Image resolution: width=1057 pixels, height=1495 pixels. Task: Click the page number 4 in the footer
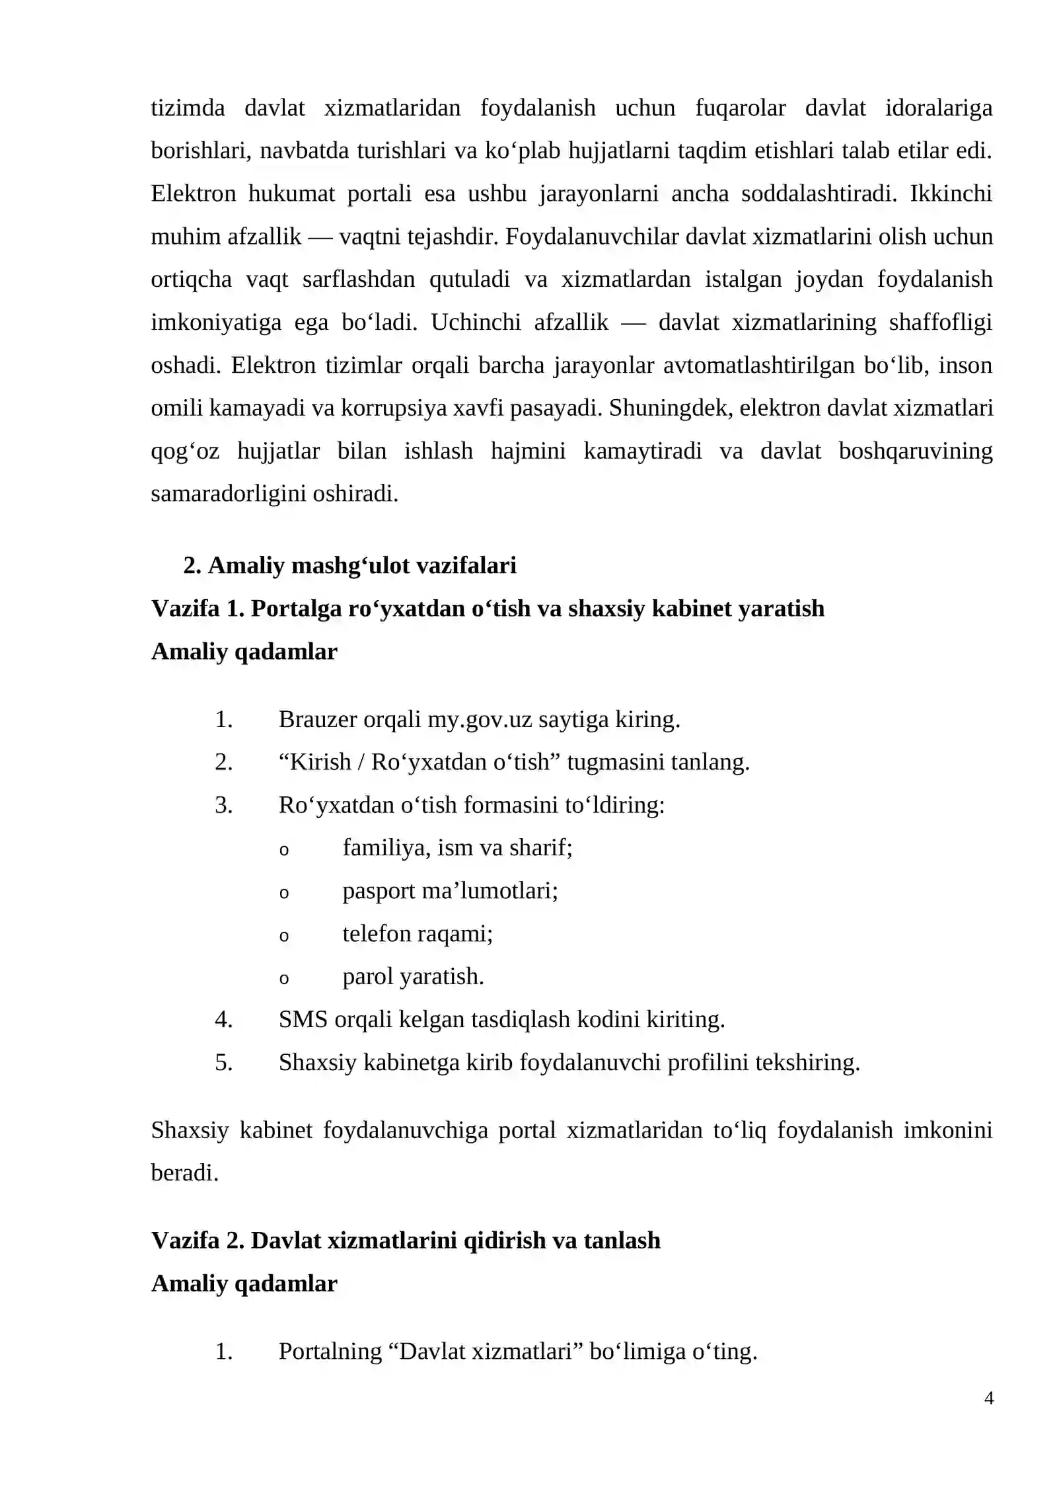[x=988, y=1398]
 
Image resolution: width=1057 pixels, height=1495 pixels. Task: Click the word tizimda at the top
[x=188, y=108]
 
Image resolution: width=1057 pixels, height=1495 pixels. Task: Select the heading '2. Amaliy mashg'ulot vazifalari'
[x=349, y=565]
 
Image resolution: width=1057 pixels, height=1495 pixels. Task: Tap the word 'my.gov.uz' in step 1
[x=479, y=719]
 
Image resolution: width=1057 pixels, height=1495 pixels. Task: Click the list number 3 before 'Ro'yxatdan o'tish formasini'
[x=223, y=805]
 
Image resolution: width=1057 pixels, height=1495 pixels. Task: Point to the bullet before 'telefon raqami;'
[x=284, y=936]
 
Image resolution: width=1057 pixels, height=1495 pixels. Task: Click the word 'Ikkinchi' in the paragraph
[x=951, y=194]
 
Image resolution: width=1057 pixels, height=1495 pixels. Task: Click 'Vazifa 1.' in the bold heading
[x=198, y=608]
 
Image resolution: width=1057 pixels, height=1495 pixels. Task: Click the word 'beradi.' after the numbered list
[x=184, y=1173]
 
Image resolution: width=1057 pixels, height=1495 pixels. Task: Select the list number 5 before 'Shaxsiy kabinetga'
[x=223, y=1062]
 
